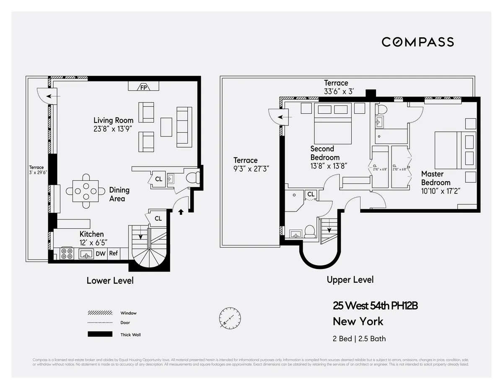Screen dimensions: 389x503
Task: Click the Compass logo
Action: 417,42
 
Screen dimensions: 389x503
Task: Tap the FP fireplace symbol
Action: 144,87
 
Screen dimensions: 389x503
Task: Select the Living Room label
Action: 113,121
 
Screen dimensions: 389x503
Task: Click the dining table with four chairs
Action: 86,191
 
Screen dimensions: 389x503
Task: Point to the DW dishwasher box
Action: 101,253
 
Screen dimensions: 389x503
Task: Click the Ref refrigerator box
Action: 114,253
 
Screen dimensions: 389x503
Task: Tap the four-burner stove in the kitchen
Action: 66,253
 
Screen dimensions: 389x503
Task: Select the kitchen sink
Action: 86,253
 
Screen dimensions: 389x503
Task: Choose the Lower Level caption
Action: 110,280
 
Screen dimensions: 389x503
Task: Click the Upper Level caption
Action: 350,279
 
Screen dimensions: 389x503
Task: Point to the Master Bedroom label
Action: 436,178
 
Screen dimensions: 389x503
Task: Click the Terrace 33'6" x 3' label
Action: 336,87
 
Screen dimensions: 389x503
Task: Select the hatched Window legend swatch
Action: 100,313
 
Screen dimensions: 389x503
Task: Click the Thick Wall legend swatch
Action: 100,334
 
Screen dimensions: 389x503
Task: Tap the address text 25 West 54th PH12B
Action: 375,306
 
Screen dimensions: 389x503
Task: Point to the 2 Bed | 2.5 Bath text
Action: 359,339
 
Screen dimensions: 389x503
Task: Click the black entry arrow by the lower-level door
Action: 181,212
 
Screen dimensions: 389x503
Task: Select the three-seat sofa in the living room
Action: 184,127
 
